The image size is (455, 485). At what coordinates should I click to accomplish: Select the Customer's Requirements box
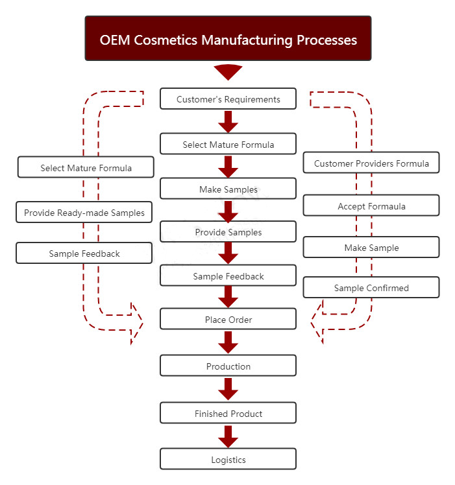pyautogui.click(x=228, y=99)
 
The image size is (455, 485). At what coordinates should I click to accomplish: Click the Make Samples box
pyautogui.click(x=228, y=189)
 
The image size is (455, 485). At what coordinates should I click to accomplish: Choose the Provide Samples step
pyautogui.click(x=228, y=232)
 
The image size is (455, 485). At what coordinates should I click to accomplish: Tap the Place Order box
pyautogui.click(x=228, y=320)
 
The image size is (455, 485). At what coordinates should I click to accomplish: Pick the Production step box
pyautogui.click(x=228, y=366)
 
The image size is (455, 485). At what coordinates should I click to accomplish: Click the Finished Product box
pyautogui.click(x=228, y=413)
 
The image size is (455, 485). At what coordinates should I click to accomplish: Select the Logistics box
pyautogui.click(x=228, y=460)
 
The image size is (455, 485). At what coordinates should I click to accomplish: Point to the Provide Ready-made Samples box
pyautogui.click(x=84, y=213)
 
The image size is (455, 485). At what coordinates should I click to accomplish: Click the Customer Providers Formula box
pyautogui.click(x=371, y=163)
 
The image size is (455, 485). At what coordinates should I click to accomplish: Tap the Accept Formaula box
pyautogui.click(x=371, y=206)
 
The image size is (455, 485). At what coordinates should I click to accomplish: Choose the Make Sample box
pyautogui.click(x=371, y=248)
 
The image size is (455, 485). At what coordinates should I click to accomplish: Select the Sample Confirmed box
pyautogui.click(x=371, y=288)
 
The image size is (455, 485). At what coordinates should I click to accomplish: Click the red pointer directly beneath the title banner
pyautogui.click(x=228, y=71)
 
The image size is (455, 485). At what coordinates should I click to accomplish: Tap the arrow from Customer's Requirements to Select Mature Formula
pyautogui.click(x=228, y=121)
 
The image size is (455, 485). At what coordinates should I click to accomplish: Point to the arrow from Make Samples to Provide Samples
pyautogui.click(x=228, y=210)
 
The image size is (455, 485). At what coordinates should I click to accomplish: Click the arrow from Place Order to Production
pyautogui.click(x=228, y=342)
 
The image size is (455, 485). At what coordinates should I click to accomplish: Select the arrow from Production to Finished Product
pyautogui.click(x=228, y=389)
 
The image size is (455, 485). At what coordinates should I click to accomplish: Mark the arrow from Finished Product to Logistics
pyautogui.click(x=228, y=436)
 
